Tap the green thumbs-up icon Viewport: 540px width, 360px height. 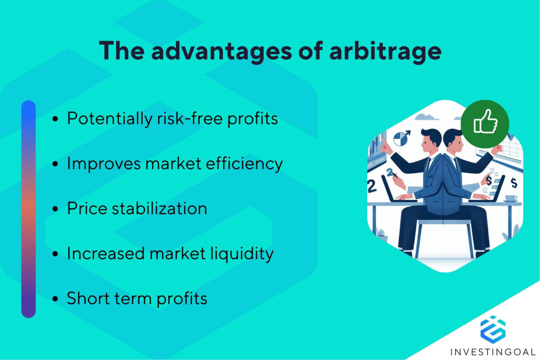[485, 123]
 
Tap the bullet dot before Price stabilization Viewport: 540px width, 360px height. [56, 209]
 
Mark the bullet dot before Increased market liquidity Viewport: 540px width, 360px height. [56, 254]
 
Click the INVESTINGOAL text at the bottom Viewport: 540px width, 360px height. [493, 352]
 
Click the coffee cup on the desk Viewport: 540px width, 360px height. [511, 198]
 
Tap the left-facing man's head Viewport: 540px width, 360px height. [430, 138]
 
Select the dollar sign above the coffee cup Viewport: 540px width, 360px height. [514, 183]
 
